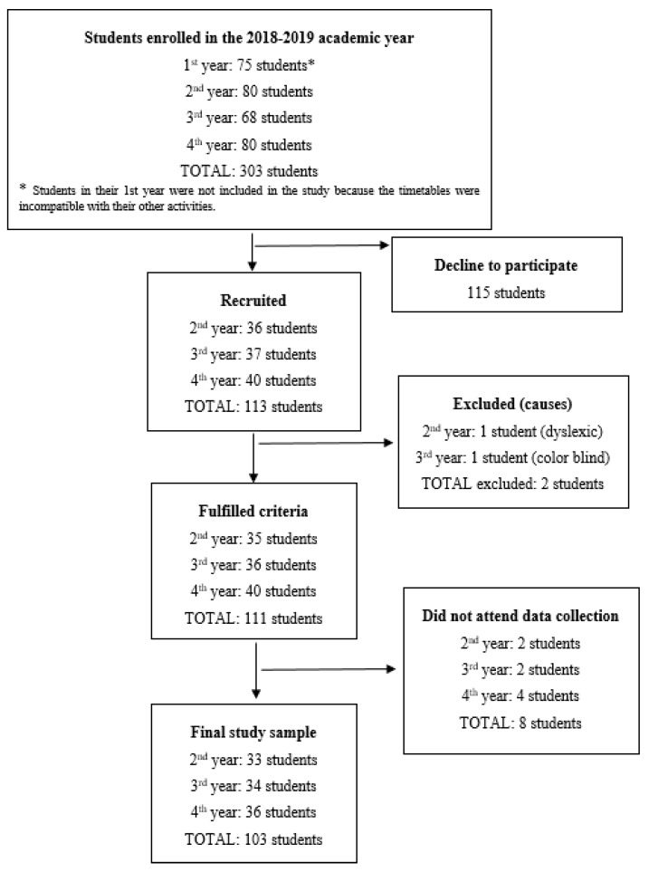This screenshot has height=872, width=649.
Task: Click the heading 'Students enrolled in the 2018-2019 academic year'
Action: click(x=249, y=38)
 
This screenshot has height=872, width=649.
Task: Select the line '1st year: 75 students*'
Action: click(x=249, y=65)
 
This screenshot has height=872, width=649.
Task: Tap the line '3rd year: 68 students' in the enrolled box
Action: click(x=249, y=118)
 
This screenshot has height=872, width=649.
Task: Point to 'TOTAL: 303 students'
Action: click(x=249, y=171)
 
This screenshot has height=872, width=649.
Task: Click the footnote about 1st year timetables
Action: click(x=249, y=198)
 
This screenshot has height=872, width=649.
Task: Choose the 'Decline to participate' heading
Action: click(x=506, y=265)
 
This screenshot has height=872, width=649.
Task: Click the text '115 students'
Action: click(x=506, y=292)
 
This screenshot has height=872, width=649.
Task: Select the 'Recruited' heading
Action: click(x=253, y=301)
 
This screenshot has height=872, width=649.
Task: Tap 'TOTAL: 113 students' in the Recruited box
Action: click(x=253, y=407)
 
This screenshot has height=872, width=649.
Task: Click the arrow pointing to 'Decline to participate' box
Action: click(x=321, y=245)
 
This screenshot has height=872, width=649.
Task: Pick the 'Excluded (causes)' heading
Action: click(x=512, y=404)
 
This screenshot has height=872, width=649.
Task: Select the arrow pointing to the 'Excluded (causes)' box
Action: click(x=326, y=443)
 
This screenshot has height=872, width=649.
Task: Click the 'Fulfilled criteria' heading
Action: click(x=253, y=511)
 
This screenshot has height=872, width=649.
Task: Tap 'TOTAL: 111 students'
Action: click(x=253, y=618)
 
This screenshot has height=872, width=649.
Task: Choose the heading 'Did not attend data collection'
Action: click(x=520, y=616)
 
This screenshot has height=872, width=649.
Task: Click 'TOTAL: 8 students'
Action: click(x=520, y=723)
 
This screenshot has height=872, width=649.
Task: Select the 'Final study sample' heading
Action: click(x=253, y=733)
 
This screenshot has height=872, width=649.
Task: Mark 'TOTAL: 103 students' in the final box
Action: click(x=253, y=839)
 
